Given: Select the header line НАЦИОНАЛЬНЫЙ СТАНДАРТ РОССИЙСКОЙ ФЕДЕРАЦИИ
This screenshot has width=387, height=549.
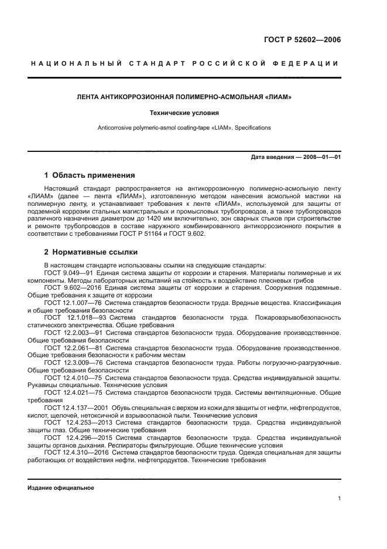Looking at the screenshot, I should tap(184, 63).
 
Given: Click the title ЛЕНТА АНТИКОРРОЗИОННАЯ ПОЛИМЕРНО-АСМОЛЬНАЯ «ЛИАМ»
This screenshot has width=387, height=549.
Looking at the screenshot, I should tap(184, 96).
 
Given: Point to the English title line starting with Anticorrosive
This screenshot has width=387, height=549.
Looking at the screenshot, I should tap(184, 127).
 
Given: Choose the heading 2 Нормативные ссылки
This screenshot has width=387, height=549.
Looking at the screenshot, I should tap(91, 252).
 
